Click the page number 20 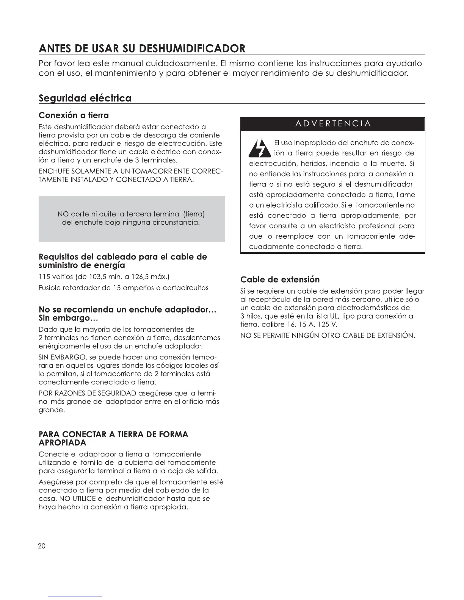(x=42, y=546)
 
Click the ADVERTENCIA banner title (x=332, y=124)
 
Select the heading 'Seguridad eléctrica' (x=85, y=98)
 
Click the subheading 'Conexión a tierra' (x=74, y=115)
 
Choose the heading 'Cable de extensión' (x=280, y=280)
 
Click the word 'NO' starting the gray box (x=63, y=214)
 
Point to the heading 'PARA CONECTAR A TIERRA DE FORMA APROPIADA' (x=113, y=438)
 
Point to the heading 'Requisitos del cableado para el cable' (x=123, y=257)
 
